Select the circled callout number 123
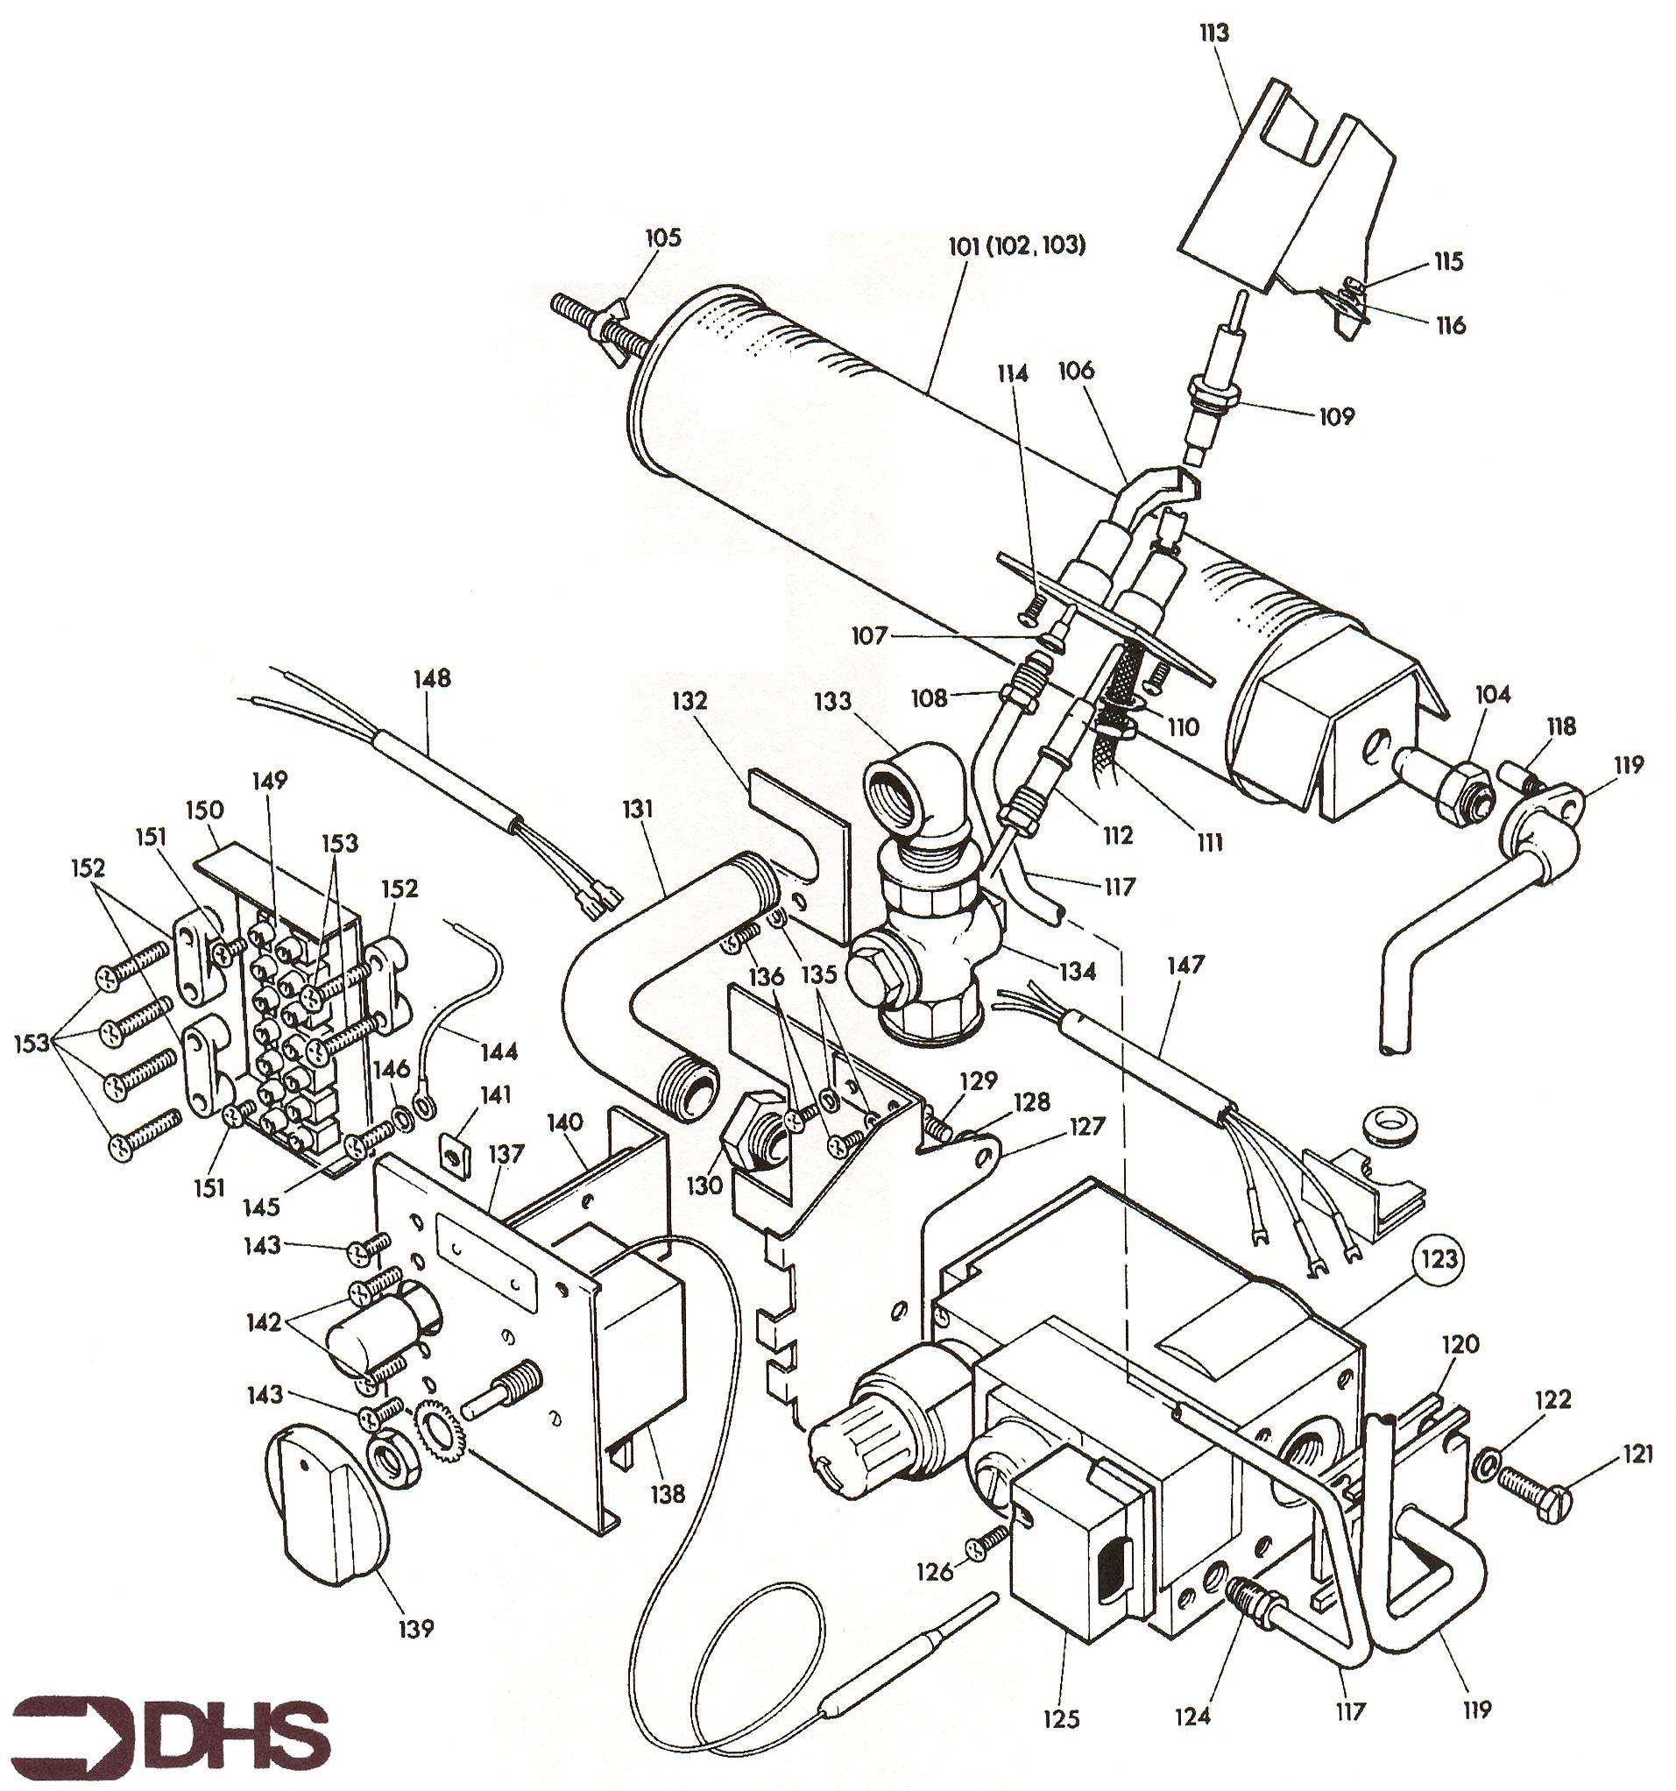click(x=1438, y=1258)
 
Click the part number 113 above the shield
click(x=1213, y=33)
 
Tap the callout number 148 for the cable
click(x=432, y=677)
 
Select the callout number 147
click(x=1185, y=965)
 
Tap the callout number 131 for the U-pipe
click(x=638, y=809)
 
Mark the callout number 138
click(x=668, y=1494)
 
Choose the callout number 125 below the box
click(x=1061, y=1719)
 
